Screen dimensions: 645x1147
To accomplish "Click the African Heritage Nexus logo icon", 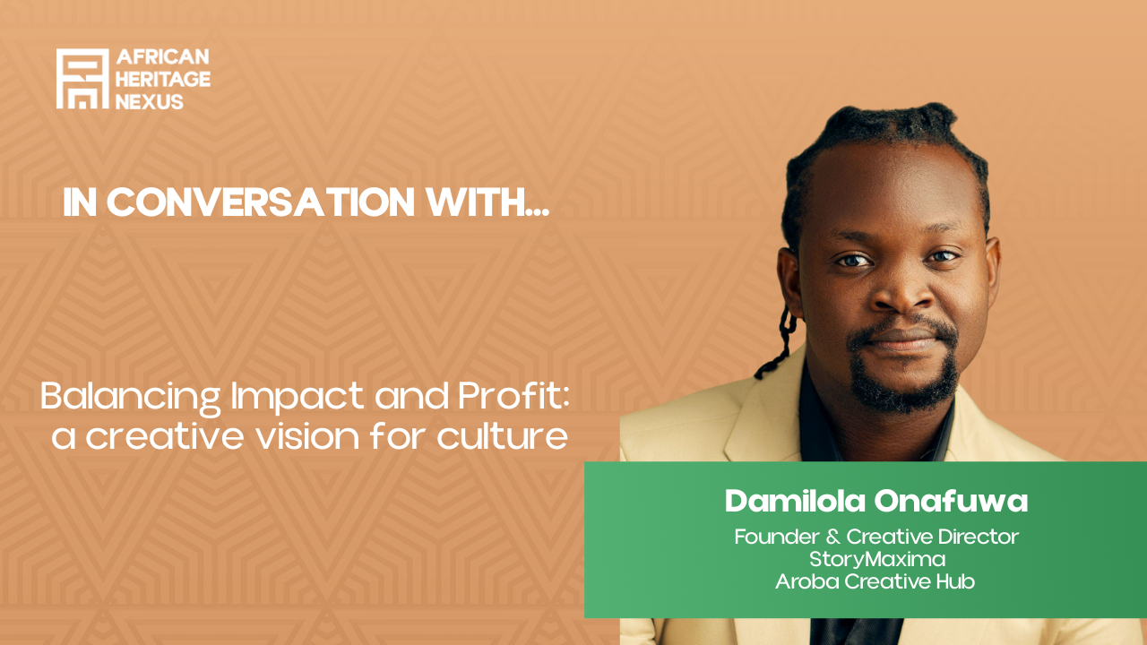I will [x=82, y=79].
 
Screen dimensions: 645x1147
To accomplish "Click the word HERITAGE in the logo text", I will [x=163, y=79].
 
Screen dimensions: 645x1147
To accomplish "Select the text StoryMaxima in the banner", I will [x=877, y=559].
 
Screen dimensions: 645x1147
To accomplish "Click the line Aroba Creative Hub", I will [x=875, y=580].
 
